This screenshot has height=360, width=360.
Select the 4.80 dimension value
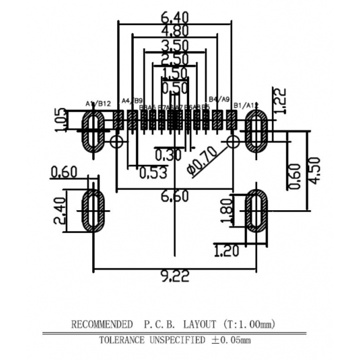tap(175, 31)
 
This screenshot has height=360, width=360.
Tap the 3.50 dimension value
tap(175, 45)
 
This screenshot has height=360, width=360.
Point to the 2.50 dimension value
tap(175, 59)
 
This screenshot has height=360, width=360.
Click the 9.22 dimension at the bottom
tap(175, 276)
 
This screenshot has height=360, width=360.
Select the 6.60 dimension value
tap(175, 197)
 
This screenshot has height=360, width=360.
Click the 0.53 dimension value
tap(153, 172)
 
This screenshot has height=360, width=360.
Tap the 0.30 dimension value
tap(168, 154)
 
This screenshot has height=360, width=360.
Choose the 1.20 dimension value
tap(229, 251)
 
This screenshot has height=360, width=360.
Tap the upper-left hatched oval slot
tap(93, 132)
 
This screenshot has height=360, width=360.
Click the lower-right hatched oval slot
tap(255, 210)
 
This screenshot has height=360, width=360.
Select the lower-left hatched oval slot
tap(93, 210)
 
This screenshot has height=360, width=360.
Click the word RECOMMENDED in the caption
tap(102, 323)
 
